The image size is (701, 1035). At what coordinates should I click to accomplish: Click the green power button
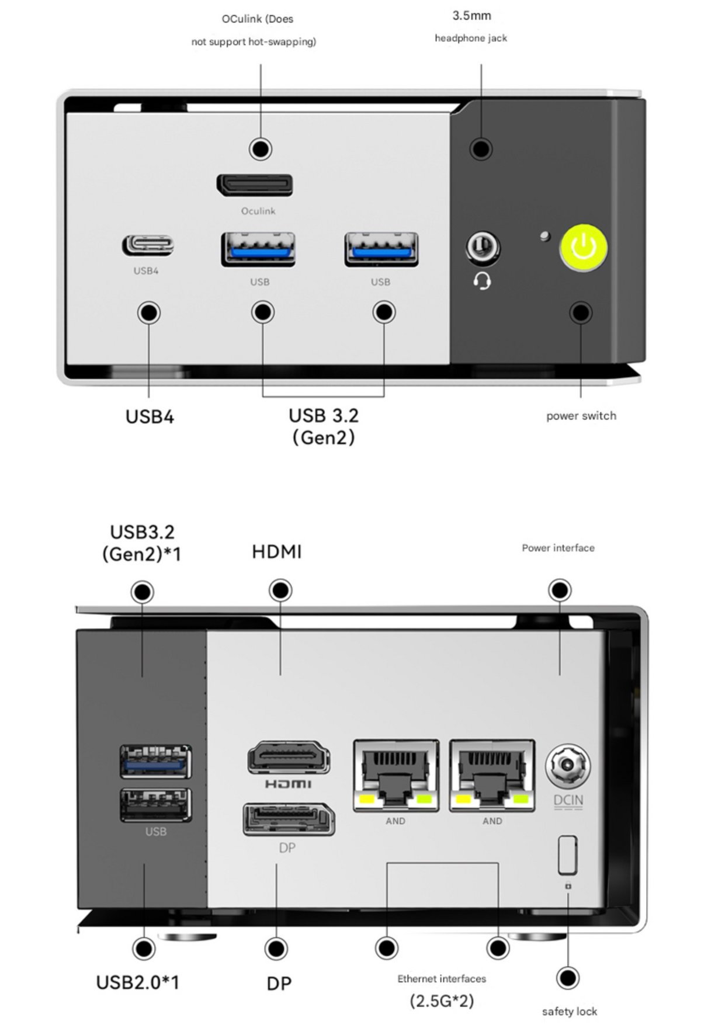(584, 247)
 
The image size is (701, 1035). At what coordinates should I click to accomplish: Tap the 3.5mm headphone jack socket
(482, 247)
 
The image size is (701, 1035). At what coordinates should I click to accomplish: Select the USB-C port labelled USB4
(148, 245)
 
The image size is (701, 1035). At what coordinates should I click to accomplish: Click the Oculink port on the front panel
(255, 185)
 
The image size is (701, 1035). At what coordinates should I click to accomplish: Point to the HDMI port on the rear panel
(289, 757)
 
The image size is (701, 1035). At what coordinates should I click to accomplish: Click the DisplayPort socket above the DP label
(289, 819)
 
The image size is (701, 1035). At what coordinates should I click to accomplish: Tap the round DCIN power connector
(568, 766)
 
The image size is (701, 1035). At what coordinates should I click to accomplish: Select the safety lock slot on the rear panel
(567, 855)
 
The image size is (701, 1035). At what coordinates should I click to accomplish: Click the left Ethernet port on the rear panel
(396, 775)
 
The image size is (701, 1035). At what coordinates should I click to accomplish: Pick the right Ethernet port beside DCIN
(492, 775)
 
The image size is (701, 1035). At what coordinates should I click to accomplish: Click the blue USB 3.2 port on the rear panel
(155, 762)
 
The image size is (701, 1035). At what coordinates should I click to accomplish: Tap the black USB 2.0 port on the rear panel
(155, 805)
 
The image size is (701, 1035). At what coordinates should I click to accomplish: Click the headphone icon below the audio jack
(482, 282)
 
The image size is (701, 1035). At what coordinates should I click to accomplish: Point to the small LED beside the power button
(546, 237)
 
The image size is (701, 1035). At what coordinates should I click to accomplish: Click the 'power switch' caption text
(581, 416)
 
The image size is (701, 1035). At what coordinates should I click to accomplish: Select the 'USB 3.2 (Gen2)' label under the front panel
(324, 426)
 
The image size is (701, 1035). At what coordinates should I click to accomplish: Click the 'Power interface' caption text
(558, 548)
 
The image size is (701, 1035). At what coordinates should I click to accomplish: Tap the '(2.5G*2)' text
(442, 1001)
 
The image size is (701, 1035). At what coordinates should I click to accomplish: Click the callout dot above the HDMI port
(280, 591)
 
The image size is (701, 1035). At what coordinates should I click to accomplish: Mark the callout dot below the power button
(581, 312)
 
